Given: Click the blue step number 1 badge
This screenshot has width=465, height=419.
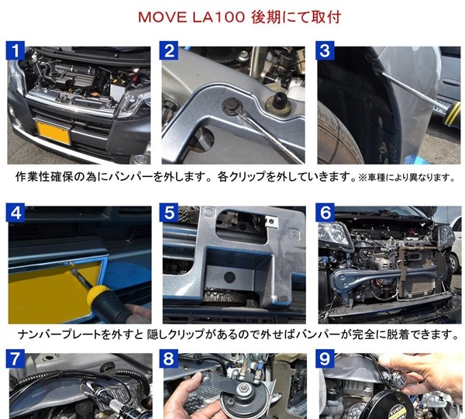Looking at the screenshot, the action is pyautogui.click(x=15, y=50).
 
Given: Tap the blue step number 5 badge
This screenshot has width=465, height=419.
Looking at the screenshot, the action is pyautogui.click(x=169, y=213).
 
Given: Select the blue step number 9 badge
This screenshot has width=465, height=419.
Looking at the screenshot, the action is pyautogui.click(x=325, y=358).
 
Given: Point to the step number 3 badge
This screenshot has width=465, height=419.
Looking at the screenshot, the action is pyautogui.click(x=325, y=50).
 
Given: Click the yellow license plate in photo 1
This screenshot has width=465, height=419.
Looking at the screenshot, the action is pyautogui.click(x=53, y=131).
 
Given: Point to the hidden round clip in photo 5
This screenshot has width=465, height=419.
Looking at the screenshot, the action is pyautogui.click(x=229, y=277).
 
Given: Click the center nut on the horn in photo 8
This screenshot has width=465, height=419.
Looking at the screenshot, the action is pyautogui.click(x=244, y=386).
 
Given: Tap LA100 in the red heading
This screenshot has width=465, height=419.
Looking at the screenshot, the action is pyautogui.click(x=219, y=17).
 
